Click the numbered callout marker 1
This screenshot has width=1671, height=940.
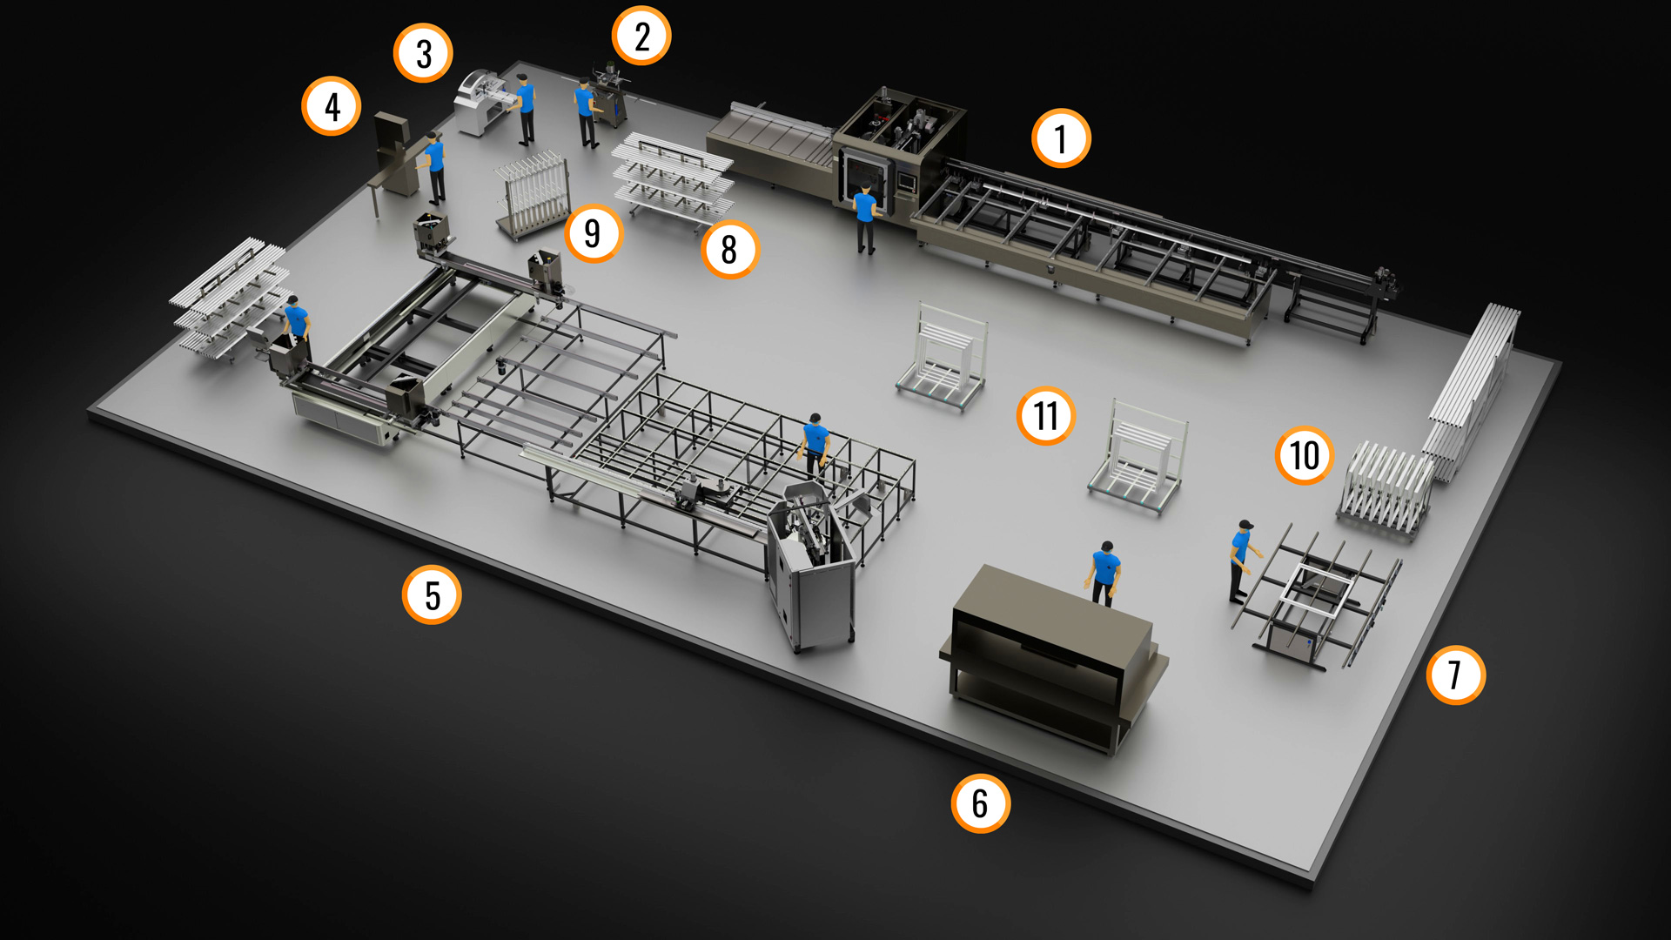1061,138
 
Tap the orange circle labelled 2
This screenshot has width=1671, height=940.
641,36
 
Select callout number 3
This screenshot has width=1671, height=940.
423,53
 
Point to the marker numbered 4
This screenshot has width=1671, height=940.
332,106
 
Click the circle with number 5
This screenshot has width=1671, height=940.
432,595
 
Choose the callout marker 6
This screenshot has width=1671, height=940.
981,803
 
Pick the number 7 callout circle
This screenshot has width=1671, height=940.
1456,675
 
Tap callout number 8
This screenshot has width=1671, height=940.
730,250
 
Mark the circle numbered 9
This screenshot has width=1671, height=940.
594,233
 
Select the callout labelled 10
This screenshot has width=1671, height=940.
1305,455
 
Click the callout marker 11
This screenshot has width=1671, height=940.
1046,416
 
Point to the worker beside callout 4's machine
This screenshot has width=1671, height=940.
433,167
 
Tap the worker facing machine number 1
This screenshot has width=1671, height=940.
865,218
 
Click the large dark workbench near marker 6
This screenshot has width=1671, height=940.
1054,657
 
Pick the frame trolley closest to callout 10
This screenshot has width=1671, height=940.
1385,490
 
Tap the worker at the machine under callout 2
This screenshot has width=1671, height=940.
587,112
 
